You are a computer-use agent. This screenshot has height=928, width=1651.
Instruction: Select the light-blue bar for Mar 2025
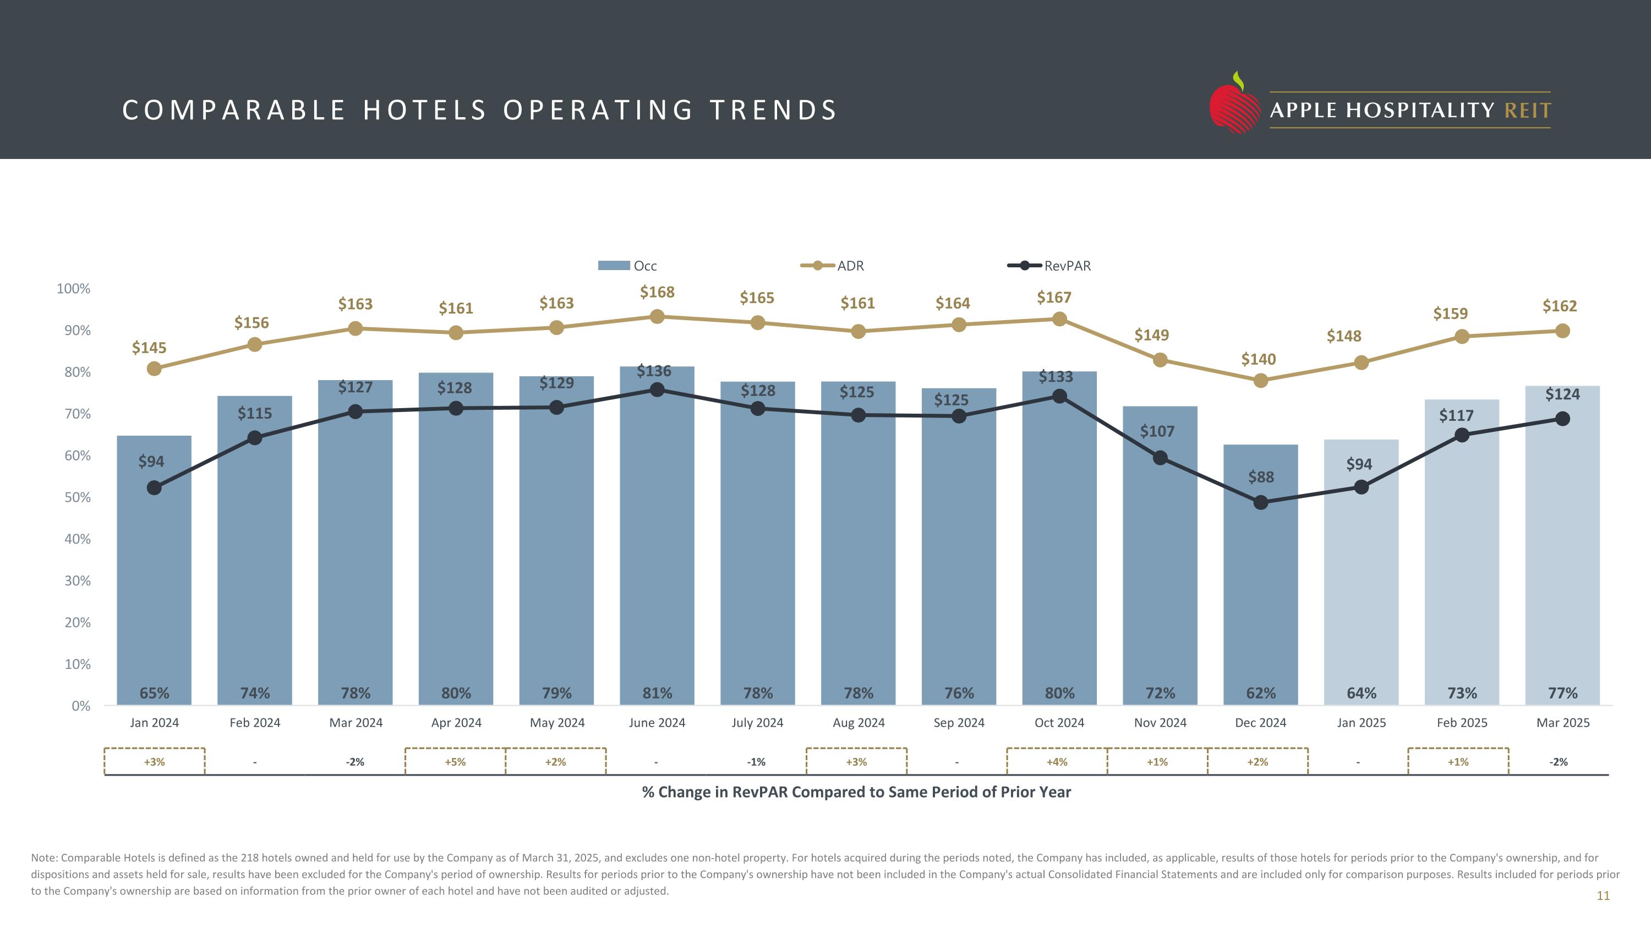pyautogui.click(x=1562, y=564)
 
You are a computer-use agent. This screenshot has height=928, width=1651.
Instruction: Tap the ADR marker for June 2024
pyautogui.click(x=657, y=316)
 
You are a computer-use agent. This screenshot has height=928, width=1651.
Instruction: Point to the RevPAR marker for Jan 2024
pyautogui.click(x=154, y=488)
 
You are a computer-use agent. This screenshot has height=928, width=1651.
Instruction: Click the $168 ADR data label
pyautogui.click(x=657, y=292)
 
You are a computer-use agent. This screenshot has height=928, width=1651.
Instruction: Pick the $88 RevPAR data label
pyautogui.click(x=1261, y=477)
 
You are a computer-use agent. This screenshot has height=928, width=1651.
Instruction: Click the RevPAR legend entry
pyautogui.click(x=1048, y=266)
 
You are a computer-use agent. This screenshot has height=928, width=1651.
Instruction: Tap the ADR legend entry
pyautogui.click(x=833, y=266)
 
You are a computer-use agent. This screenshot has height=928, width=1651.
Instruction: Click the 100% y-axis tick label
pyautogui.click(x=74, y=289)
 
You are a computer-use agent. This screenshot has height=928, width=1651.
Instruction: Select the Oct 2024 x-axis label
pyautogui.click(x=1059, y=723)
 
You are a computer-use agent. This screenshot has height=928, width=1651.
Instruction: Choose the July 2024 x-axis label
pyautogui.click(x=757, y=723)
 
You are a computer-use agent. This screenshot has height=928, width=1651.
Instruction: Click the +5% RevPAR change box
pyautogui.click(x=455, y=761)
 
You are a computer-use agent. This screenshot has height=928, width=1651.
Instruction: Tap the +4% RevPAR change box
pyautogui.click(x=1056, y=761)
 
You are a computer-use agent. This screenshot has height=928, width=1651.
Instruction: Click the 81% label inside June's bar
pyautogui.click(x=657, y=693)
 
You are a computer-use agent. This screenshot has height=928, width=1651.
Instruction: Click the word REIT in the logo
pyautogui.click(x=1527, y=111)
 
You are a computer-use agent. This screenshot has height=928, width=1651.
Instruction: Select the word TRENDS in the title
pyautogui.click(x=773, y=110)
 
